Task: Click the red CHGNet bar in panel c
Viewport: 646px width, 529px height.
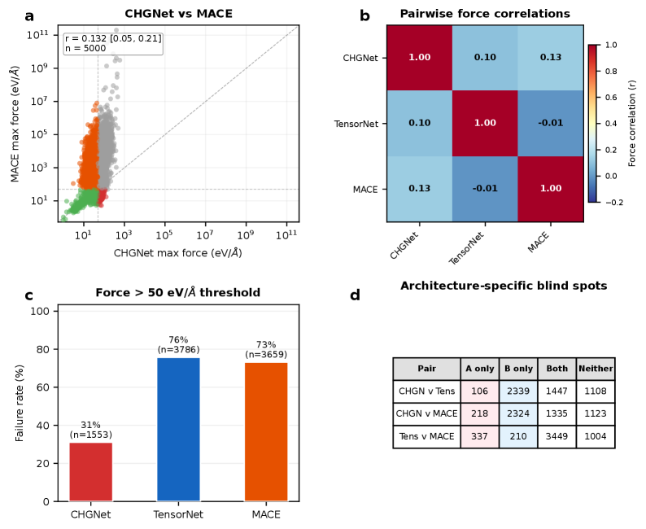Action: coord(90,472)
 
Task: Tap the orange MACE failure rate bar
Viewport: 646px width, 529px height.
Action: coord(266,432)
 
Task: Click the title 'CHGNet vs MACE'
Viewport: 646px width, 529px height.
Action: coord(178,14)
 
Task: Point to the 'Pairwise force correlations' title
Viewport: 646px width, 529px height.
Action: coord(485,14)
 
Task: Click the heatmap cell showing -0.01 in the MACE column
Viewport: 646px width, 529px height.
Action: coord(550,123)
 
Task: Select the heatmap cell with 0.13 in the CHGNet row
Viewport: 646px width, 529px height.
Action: coord(550,58)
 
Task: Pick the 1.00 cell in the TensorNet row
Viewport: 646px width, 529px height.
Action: coord(485,123)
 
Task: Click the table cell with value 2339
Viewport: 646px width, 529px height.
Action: coord(517,391)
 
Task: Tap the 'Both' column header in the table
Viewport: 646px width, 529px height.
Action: coord(557,368)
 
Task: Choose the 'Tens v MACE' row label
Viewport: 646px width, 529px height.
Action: coord(426,436)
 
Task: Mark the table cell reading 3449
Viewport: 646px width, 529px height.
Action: coord(557,436)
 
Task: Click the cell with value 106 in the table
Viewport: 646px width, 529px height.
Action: coord(479,391)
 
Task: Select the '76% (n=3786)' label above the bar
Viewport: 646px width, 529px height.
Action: coord(178,344)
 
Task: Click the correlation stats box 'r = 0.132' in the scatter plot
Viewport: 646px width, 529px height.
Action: coord(113,43)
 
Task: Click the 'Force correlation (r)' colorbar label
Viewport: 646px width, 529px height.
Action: coord(633,123)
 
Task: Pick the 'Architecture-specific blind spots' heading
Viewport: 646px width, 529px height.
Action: coord(503,286)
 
